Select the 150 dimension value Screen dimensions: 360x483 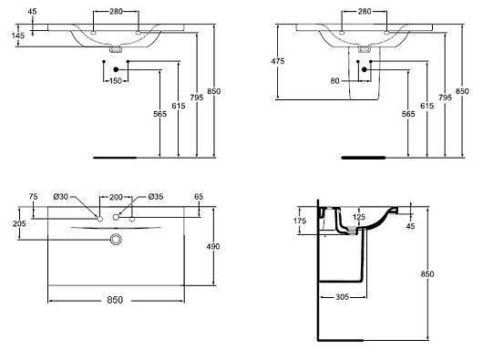pos(117,81)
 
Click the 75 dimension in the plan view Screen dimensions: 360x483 pos(34,196)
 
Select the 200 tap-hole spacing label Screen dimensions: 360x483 pos(116,196)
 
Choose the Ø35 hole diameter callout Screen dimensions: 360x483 pos(155,196)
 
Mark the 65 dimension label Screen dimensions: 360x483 pos(199,196)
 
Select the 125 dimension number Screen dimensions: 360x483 pos(360,217)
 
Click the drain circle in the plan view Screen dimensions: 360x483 pos(116,240)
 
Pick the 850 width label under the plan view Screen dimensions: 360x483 pos(116,300)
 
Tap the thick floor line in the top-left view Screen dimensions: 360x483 pos(114,158)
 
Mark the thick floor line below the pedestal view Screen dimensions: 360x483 pos(363,158)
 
